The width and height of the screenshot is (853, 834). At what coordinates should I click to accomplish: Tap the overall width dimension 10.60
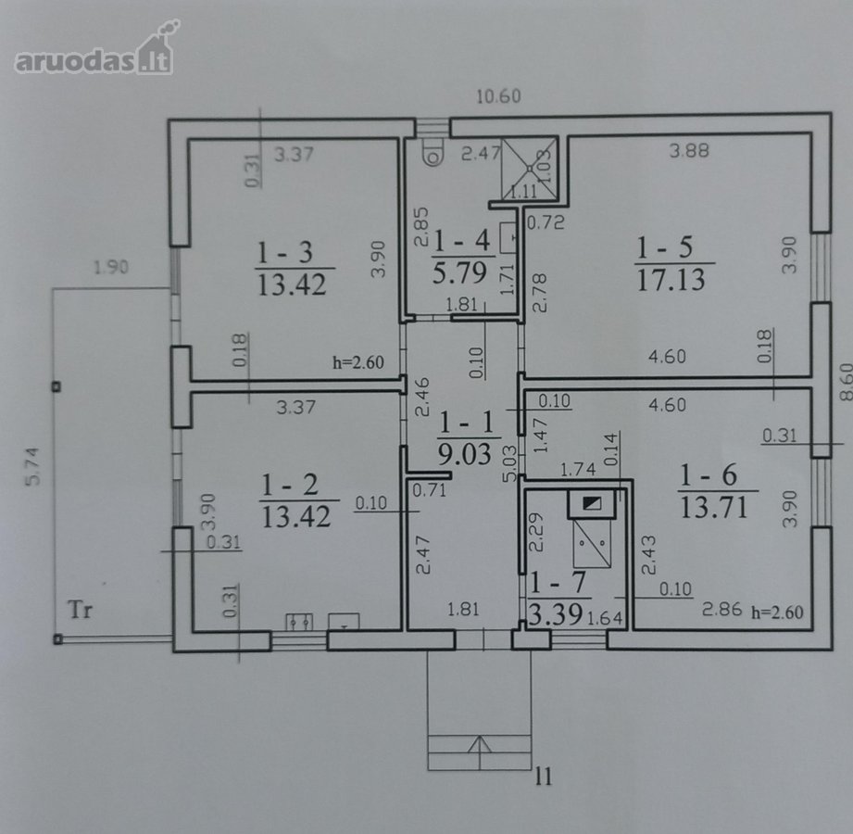pos(498,96)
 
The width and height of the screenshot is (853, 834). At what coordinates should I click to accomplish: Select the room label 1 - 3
pos(284,252)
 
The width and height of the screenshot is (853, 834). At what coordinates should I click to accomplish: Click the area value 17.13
pos(671,279)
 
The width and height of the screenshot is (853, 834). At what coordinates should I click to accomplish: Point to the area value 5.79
pos(459,272)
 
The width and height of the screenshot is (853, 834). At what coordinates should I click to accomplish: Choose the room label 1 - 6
pos(709,474)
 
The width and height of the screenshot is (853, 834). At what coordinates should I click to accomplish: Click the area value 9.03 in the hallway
pos(465,453)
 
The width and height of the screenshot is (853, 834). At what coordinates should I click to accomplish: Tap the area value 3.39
pos(555,614)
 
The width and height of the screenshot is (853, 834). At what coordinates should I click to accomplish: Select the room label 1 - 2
pos(290,485)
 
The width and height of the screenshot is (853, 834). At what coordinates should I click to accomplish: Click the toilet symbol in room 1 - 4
pos(433,151)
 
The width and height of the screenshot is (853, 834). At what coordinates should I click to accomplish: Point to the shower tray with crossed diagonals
pos(529,169)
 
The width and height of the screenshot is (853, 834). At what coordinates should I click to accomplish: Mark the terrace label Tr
pos(81,610)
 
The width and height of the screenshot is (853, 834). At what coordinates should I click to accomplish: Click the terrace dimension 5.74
pos(33,466)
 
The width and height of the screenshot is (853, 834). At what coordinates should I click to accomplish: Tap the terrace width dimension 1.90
pos(111,267)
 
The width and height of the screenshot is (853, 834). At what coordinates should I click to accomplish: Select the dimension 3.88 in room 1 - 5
pos(689,150)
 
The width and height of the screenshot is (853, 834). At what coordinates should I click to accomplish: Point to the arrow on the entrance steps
pos(479,744)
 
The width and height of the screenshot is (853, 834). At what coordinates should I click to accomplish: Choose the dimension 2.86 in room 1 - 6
pos(721,609)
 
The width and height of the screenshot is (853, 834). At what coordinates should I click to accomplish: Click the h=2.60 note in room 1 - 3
pos(358,362)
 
